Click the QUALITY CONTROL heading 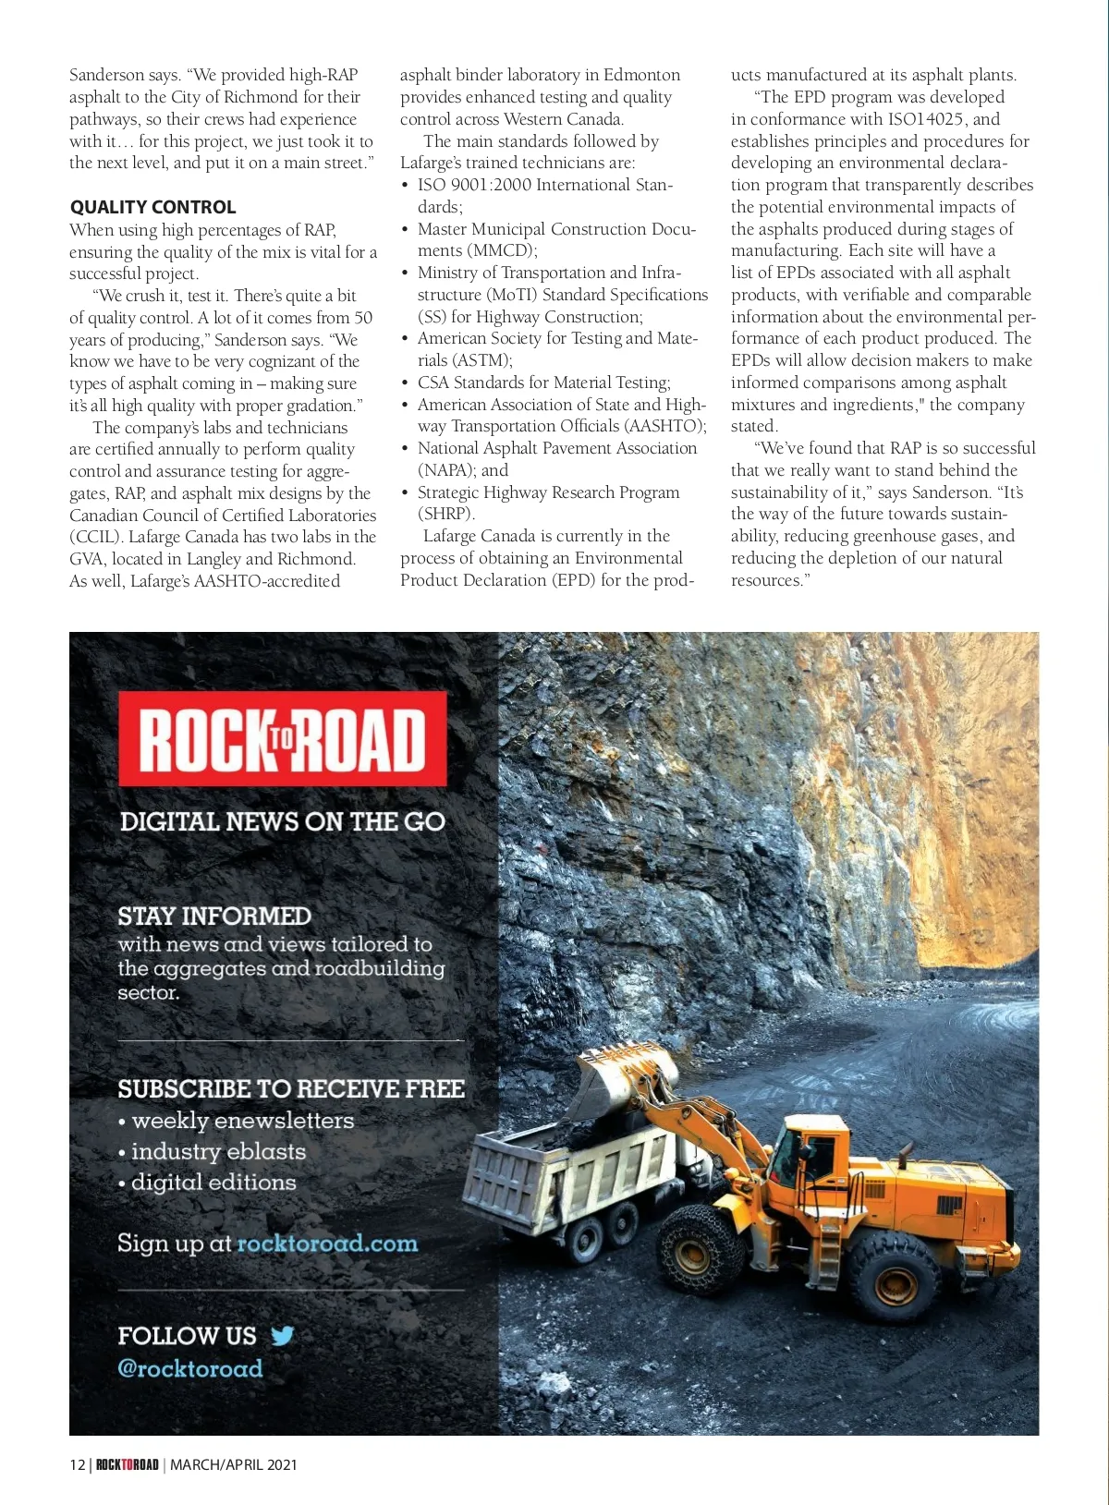point(152,207)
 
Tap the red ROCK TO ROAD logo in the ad point(283,739)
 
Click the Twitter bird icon point(282,1335)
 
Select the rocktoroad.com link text point(327,1244)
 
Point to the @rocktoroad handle point(189,1368)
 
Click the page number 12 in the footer point(77,1464)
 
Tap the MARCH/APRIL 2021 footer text point(234,1464)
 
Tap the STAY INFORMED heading point(214,916)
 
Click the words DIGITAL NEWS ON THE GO point(282,821)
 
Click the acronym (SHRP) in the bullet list point(445,514)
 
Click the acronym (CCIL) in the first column point(95,537)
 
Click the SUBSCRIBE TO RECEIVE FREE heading point(291,1088)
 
